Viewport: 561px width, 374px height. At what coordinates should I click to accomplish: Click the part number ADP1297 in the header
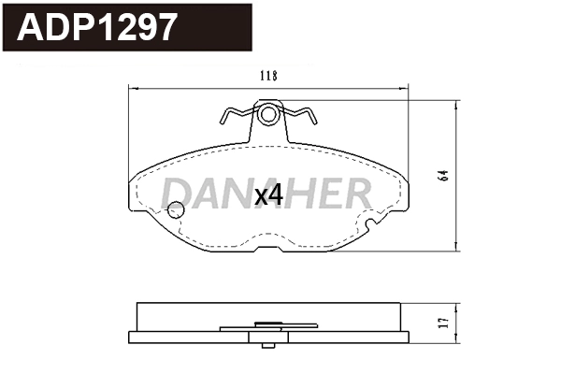click(x=97, y=27)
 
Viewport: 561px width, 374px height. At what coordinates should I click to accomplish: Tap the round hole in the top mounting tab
click(x=268, y=116)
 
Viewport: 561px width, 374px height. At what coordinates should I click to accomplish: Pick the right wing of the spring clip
click(x=303, y=117)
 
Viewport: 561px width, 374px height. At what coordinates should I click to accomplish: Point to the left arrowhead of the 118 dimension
click(x=130, y=88)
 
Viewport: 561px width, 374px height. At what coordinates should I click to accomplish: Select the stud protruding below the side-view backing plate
click(x=268, y=338)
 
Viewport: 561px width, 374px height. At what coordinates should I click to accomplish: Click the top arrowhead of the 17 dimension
click(x=455, y=306)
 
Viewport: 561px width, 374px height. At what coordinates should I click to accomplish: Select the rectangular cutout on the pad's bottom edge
click(x=269, y=250)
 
